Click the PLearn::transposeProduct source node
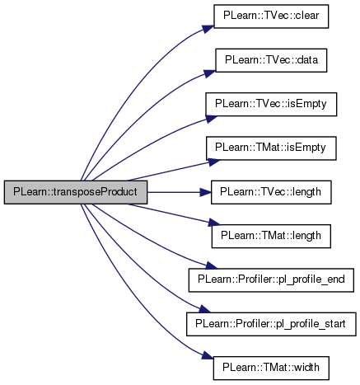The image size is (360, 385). pyautogui.click(x=76, y=192)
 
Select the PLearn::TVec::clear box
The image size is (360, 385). pyautogui.click(x=271, y=16)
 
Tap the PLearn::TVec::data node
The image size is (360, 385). pyautogui.click(x=271, y=60)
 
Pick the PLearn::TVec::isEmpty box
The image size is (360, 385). pyautogui.click(x=271, y=104)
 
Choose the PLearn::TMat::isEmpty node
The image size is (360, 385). pyautogui.click(x=271, y=148)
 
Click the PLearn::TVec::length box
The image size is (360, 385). pyautogui.click(x=271, y=192)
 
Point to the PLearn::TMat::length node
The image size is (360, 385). pyautogui.click(x=271, y=236)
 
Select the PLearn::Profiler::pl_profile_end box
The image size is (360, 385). pyautogui.click(x=271, y=280)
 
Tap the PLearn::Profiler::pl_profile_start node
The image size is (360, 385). pyautogui.click(x=271, y=324)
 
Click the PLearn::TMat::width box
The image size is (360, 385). pyautogui.click(x=271, y=369)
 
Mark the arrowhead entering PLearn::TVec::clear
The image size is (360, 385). pyautogui.click(x=208, y=29)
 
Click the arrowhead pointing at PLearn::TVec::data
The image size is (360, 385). pyautogui.click(x=210, y=73)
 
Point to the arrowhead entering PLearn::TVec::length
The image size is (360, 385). pyautogui.click(x=205, y=192)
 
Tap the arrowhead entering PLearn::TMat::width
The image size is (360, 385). pyautogui.click(x=208, y=356)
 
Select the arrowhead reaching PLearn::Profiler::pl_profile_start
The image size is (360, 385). pyautogui.click(x=204, y=309)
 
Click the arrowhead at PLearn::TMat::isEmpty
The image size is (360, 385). pyautogui.click(x=214, y=162)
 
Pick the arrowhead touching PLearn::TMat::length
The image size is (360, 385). pyautogui.click(x=214, y=223)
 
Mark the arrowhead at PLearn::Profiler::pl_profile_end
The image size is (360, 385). pyautogui.click(x=211, y=265)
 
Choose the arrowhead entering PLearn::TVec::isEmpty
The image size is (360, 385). pyautogui.click(x=211, y=119)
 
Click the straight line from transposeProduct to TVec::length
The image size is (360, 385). pyautogui.click(x=174, y=192)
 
